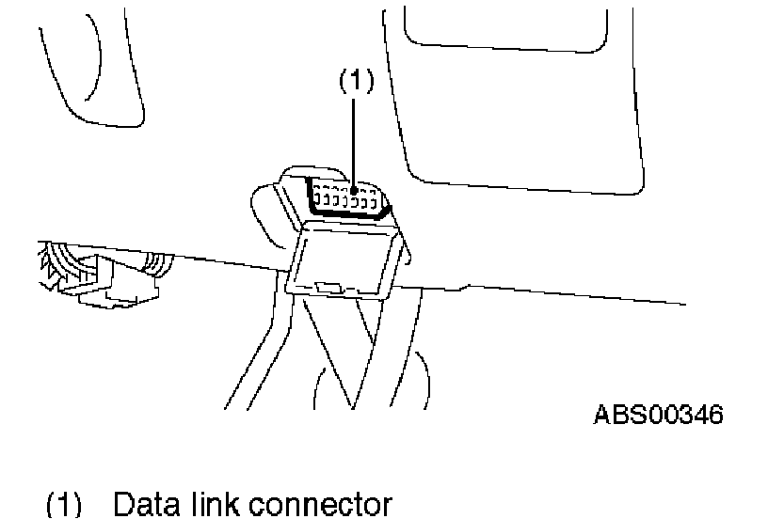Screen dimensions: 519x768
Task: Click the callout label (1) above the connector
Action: coord(356,83)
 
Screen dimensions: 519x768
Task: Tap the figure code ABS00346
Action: coord(658,414)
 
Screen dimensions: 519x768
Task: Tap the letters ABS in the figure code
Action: coord(617,414)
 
